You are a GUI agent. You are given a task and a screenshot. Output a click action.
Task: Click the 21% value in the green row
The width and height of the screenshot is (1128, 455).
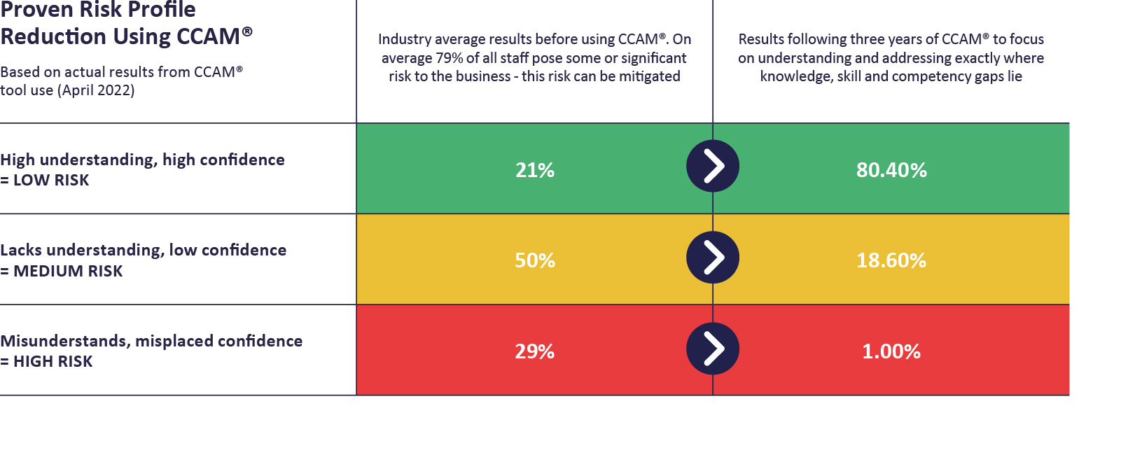pyautogui.click(x=535, y=170)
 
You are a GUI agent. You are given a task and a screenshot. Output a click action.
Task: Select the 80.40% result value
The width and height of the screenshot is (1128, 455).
pyautogui.click(x=891, y=170)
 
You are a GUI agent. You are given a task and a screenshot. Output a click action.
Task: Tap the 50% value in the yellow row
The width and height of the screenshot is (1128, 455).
pyautogui.click(x=535, y=260)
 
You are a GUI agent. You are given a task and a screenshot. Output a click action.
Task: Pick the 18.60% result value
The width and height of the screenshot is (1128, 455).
pyautogui.click(x=891, y=260)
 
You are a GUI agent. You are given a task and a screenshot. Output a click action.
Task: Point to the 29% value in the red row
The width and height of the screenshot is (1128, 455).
pyautogui.click(x=535, y=351)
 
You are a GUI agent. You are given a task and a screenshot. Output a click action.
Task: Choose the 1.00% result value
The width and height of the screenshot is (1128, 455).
pyautogui.click(x=891, y=351)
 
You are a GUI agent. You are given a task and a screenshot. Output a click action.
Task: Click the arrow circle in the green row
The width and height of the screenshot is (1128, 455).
pyautogui.click(x=713, y=167)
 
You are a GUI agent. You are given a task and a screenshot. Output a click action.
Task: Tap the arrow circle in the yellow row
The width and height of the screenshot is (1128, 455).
pyautogui.click(x=713, y=258)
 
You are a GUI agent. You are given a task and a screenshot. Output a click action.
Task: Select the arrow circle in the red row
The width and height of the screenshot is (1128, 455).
pyautogui.click(x=713, y=349)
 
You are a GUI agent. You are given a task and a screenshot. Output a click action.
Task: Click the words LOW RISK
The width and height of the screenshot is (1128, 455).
pyautogui.click(x=51, y=181)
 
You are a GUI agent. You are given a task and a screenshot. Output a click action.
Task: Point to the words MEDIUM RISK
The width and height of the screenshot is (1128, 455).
pyautogui.click(x=68, y=272)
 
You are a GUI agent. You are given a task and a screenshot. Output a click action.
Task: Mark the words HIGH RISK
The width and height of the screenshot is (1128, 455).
pyautogui.click(x=53, y=362)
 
